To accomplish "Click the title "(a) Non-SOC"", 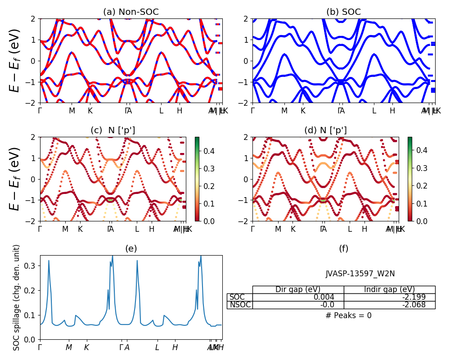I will [131, 12].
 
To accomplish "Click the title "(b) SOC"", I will [343, 12].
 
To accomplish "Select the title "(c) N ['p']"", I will [113, 130].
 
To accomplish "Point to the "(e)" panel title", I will [131, 248].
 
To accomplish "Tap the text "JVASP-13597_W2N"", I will [360, 274].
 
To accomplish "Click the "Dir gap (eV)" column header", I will [298, 289].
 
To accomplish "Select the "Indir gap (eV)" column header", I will [389, 289].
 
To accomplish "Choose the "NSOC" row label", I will [240, 305].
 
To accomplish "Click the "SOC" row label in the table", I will [237, 297].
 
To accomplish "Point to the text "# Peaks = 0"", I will [348, 315].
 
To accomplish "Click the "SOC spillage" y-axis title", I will [17, 297].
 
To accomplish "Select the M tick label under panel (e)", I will [69, 347].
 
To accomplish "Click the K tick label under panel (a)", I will [90, 111].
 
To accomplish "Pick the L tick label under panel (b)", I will [373, 111].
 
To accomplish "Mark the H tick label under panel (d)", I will [364, 229].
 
